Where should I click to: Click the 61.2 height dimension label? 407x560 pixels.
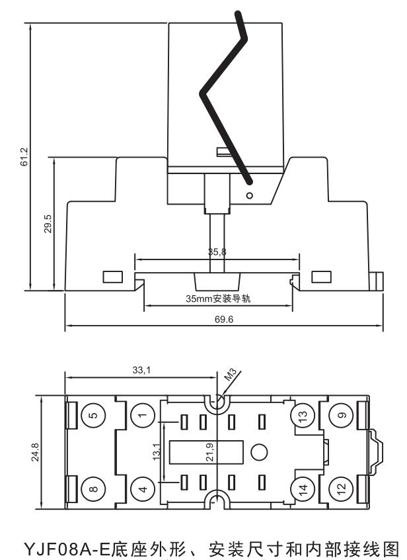24,157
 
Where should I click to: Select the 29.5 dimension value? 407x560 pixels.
48,224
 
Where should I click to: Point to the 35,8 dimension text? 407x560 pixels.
217,252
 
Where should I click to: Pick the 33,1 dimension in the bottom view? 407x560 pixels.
141,371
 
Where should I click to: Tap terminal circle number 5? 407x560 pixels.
92,416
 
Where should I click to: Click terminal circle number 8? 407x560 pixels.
92,490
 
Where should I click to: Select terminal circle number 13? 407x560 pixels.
303,416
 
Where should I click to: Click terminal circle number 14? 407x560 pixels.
303,490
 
